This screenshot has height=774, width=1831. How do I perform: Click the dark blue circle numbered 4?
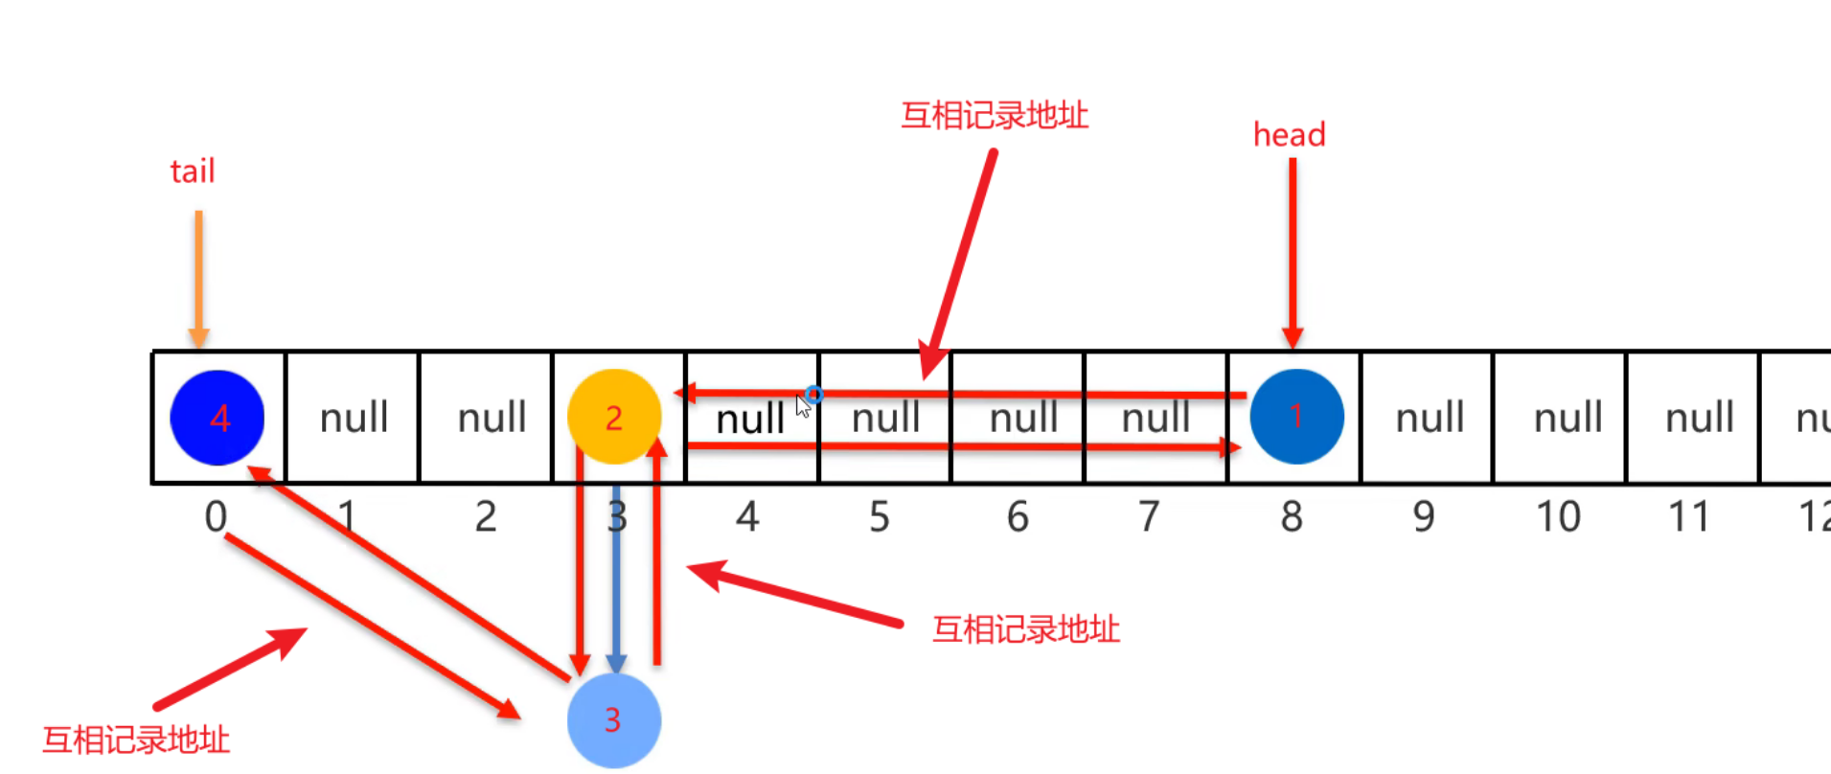(217, 418)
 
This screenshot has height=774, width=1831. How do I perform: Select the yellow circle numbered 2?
(614, 417)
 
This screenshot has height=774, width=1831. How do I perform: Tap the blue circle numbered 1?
(1296, 417)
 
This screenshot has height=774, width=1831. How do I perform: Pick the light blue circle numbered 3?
(614, 720)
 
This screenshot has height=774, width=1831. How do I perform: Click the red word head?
(1289, 135)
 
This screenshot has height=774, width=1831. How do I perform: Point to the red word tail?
(193, 171)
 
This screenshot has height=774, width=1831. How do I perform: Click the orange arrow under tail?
(198, 278)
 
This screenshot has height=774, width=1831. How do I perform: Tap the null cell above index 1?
(354, 418)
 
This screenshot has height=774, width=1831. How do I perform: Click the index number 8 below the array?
(1292, 517)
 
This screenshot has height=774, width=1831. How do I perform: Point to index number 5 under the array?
(880, 517)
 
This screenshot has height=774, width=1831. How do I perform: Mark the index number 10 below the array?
(1558, 517)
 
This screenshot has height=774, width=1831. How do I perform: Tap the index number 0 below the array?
(216, 517)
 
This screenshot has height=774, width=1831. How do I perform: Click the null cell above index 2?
(492, 418)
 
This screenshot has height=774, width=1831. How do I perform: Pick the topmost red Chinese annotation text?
(995, 116)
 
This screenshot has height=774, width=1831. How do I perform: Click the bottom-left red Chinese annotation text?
(136, 740)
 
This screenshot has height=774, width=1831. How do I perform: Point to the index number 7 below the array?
(1149, 517)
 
